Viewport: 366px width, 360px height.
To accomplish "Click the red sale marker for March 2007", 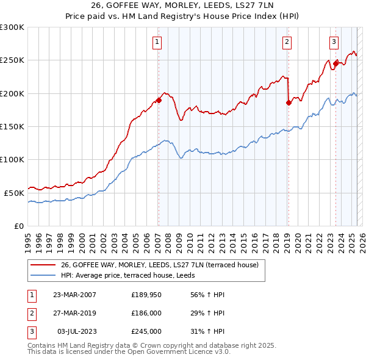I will [159, 100].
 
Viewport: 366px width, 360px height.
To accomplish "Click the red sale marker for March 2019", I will [289, 103].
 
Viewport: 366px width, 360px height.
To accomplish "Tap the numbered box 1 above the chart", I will [157, 42].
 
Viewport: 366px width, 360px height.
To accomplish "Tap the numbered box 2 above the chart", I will [287, 42].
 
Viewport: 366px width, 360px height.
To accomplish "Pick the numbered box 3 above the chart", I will [334, 42].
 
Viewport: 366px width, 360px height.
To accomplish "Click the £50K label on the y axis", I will [14, 192].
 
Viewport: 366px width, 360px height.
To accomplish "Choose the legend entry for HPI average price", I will [118, 275].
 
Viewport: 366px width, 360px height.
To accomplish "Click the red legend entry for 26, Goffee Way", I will [160, 264].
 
